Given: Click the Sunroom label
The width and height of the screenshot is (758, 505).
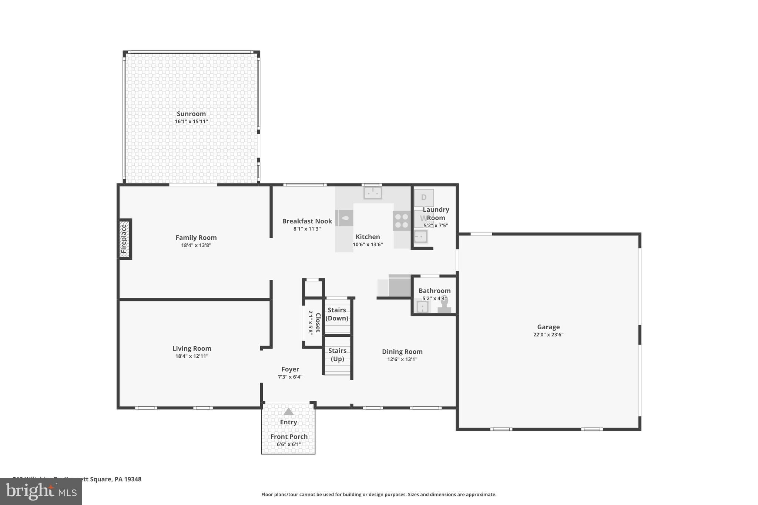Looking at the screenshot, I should (x=191, y=114).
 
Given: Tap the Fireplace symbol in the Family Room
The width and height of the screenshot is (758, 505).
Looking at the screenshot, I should (x=125, y=239).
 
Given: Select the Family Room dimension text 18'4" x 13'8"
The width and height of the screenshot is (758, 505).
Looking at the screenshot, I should (x=196, y=245).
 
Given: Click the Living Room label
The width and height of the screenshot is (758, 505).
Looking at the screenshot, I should (x=192, y=349).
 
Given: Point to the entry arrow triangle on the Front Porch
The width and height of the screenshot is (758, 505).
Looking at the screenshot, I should (x=288, y=412).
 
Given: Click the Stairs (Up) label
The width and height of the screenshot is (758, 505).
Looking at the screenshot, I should (x=337, y=355).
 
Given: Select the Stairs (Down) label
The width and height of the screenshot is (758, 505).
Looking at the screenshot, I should (x=337, y=314).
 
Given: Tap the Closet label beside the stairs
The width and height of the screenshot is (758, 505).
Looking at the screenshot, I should (x=317, y=323).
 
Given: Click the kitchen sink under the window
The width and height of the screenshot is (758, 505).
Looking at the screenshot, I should (x=373, y=193).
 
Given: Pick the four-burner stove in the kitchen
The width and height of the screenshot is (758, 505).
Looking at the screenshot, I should (x=402, y=221).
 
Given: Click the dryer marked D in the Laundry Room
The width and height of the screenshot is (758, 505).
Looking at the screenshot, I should (x=424, y=198).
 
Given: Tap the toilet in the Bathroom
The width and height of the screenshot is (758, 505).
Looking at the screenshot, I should (x=445, y=306).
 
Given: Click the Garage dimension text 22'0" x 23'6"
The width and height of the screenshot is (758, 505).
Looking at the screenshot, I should (x=548, y=335).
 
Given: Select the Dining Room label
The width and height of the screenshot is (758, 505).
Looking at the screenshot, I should (x=402, y=352).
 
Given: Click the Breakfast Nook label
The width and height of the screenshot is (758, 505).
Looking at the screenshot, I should (x=307, y=221).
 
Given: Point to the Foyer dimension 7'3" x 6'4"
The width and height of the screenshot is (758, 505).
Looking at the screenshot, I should (x=290, y=377).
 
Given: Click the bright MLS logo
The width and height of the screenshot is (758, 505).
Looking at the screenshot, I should (x=41, y=492).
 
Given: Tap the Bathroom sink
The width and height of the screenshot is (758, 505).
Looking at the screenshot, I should (x=422, y=307).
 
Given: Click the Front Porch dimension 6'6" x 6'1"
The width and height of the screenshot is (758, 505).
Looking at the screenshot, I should (x=289, y=444).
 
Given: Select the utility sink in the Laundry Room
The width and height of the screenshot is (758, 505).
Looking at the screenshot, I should (x=420, y=236).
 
